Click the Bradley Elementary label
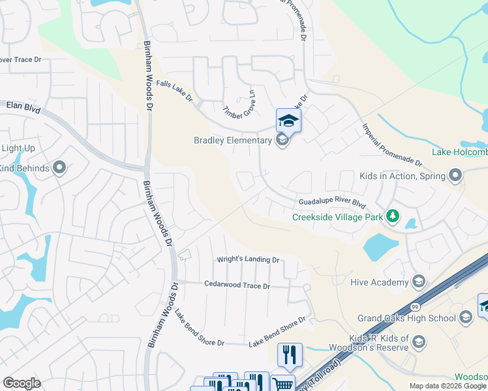point(232,140)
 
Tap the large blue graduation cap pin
point(288,121)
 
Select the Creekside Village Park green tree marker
point(392,216)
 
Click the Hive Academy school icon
point(419,282)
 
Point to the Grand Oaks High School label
point(406,318)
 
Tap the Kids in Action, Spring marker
point(455,175)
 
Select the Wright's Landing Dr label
point(248,259)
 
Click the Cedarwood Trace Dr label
point(237,285)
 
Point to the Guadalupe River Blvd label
point(329,203)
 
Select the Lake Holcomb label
point(460,152)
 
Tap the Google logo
point(22,383)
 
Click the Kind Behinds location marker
point(59,168)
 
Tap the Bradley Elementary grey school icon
point(282,141)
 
